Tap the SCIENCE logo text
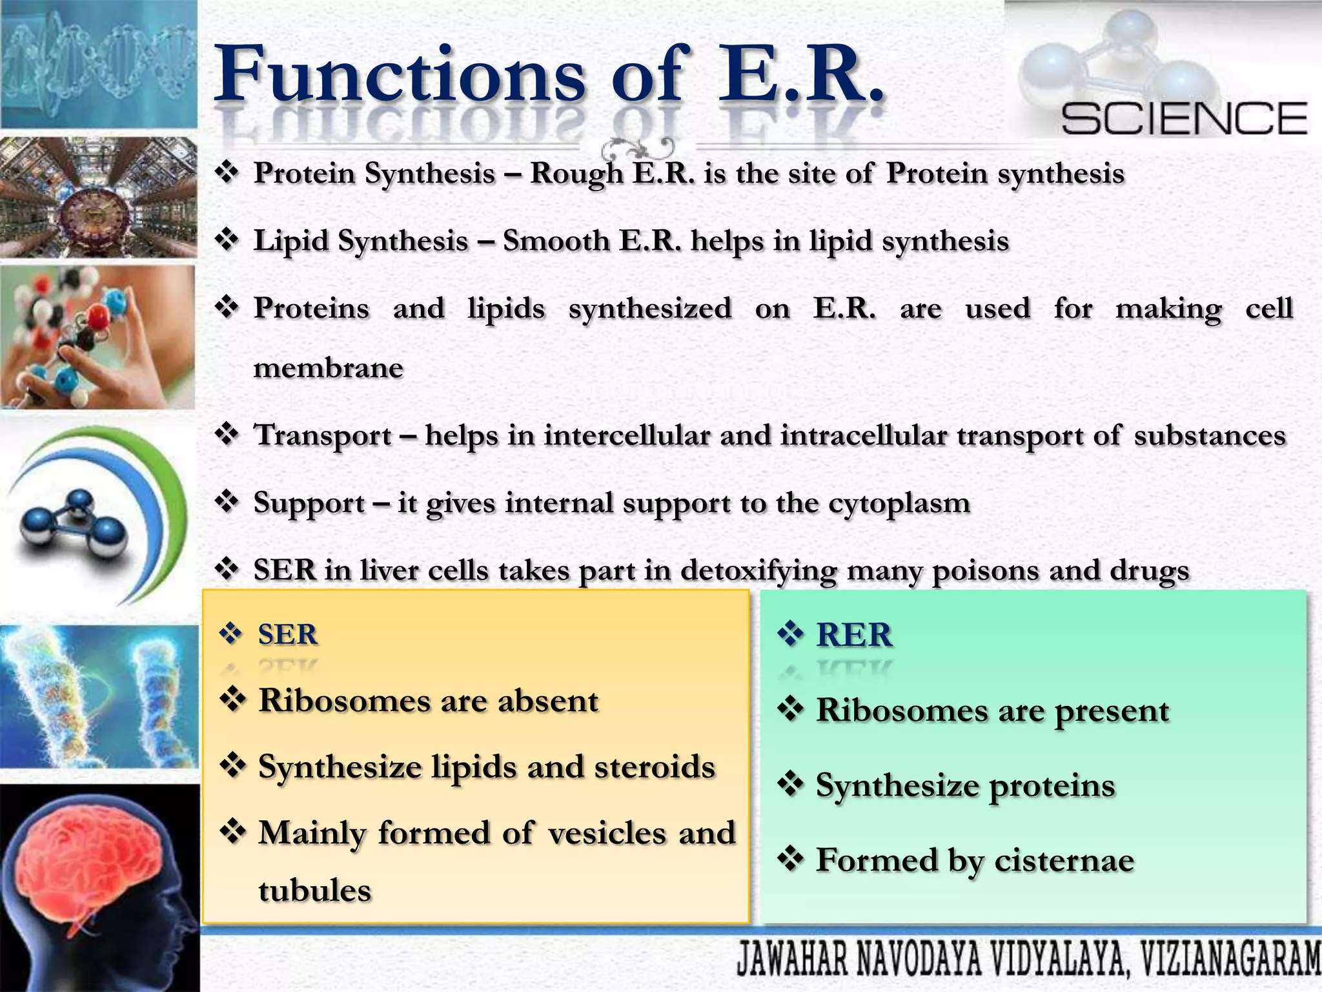pos(1184,119)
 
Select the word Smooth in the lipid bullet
pos(556,242)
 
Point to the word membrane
pos(328,368)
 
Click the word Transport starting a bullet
pos(323,436)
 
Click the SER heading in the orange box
pos(287,635)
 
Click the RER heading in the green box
pos(853,635)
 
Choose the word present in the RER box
pos(1112,712)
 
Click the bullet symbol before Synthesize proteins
pos(790,785)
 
